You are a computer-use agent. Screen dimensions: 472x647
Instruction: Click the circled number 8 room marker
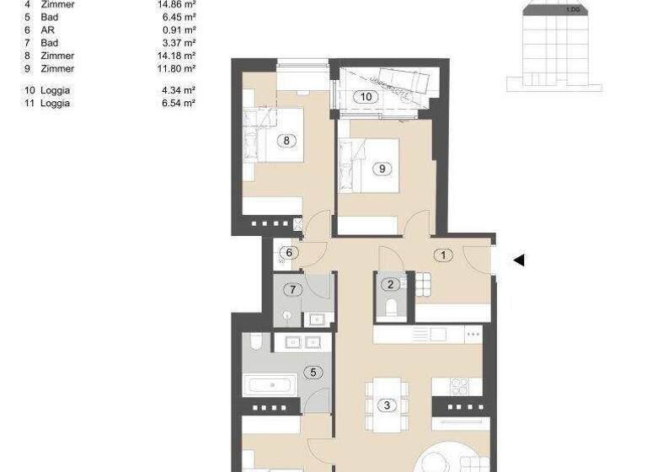tap(287, 141)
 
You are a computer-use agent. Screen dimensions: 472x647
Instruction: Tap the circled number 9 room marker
tap(382, 169)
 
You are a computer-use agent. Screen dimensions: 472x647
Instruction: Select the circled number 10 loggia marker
tap(366, 97)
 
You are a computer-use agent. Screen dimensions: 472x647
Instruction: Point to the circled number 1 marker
tap(443, 255)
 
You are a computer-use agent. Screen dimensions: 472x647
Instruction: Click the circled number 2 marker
tap(389, 285)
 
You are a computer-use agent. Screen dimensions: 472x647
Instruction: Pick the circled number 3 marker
tap(387, 405)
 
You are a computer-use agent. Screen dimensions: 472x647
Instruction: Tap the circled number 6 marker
tap(289, 252)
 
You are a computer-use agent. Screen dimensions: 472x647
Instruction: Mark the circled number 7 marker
tap(293, 290)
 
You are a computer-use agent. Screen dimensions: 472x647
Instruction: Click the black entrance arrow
tap(519, 260)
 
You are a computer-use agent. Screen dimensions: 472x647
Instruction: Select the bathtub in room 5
tap(270, 387)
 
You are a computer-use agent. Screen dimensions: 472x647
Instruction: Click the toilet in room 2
tap(390, 308)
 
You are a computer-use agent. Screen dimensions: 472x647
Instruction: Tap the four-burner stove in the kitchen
tap(460, 387)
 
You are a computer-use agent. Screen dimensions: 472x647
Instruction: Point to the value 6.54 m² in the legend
tap(179, 103)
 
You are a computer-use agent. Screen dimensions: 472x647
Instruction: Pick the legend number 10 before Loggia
tap(30, 89)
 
